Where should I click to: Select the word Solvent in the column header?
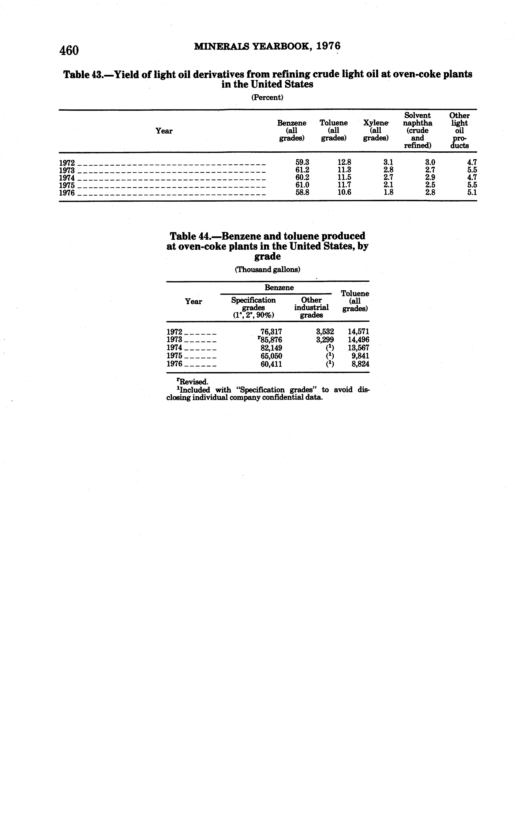(417, 115)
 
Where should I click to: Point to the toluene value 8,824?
(360, 364)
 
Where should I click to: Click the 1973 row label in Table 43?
(67, 170)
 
